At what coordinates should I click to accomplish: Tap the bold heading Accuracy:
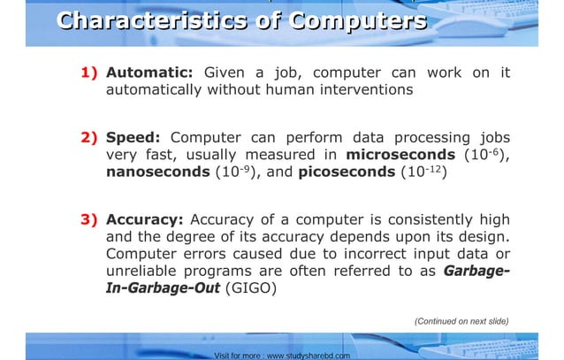pos(144,219)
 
